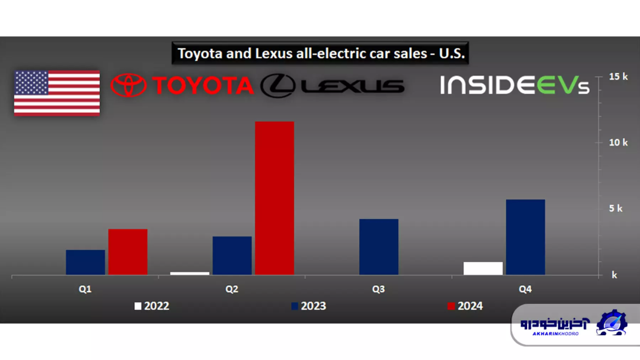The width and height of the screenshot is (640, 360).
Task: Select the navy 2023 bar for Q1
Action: coord(85,262)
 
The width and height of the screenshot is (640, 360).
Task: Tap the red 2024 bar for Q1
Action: coord(128,252)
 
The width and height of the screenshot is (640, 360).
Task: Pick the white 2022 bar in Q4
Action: coord(483,268)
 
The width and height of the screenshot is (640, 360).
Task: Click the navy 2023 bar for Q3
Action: coord(378,247)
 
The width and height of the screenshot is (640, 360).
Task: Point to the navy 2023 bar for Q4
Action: coord(525,237)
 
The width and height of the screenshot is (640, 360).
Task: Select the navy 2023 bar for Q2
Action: coord(232,255)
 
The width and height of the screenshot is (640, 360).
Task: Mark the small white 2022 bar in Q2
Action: coord(190,273)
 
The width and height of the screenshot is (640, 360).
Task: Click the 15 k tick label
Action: coord(618,77)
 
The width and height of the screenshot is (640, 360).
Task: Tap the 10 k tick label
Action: coord(618,142)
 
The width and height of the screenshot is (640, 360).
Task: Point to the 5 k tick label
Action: coord(615,209)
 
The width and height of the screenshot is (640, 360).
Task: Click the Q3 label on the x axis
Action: coord(378,289)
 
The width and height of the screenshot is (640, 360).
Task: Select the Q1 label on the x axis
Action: coord(85,289)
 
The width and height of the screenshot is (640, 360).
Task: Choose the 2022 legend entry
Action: coord(152,306)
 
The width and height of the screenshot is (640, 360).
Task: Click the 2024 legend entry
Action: coord(465,306)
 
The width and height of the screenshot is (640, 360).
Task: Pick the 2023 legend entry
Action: coord(309,306)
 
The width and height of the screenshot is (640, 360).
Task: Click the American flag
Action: coord(56,93)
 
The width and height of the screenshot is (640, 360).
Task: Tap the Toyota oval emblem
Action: coord(128,85)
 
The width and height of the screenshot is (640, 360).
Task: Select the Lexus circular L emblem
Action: coord(278,86)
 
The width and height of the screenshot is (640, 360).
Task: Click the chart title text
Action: coord(321,54)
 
